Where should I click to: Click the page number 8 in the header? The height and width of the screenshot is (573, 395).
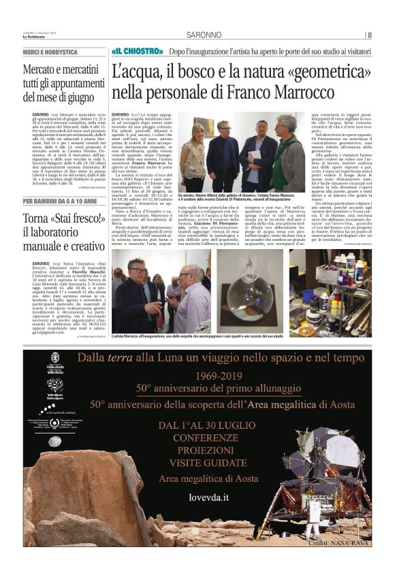pos(370,35)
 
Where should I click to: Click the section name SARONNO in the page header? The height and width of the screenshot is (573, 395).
pos(204,35)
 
